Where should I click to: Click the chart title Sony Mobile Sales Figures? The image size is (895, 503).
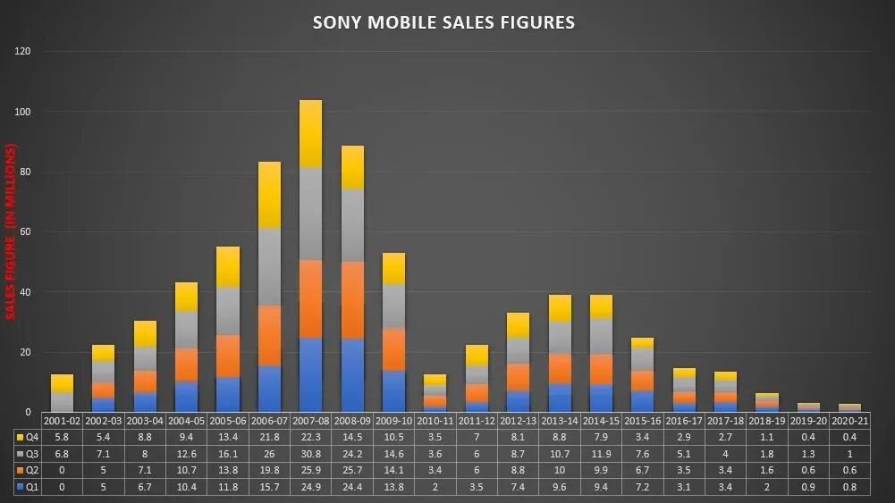tap(443, 22)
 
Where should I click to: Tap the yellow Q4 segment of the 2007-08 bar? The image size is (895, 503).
tap(310, 133)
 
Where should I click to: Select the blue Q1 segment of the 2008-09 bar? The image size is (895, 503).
tap(352, 375)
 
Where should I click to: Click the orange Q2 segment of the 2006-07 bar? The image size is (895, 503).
tap(269, 336)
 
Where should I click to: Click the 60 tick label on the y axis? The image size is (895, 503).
tap(26, 232)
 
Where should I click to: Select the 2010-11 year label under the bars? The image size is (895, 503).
tap(434, 421)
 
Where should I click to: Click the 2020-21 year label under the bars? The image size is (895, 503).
tap(849, 421)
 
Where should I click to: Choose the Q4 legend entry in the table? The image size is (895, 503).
tap(27, 438)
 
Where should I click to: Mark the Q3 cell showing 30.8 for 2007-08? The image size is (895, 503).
tap(310, 454)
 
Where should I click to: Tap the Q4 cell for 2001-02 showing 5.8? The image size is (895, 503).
tap(62, 438)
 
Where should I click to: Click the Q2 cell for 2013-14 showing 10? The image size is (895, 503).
tap(559, 470)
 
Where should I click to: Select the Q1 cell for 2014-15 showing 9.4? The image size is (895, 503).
tap(600, 486)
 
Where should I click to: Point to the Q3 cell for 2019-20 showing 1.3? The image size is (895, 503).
tap(807, 454)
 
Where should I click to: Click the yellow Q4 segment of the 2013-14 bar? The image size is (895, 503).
tap(559, 308)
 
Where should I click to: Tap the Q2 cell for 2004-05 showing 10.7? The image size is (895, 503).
tap(186, 470)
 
